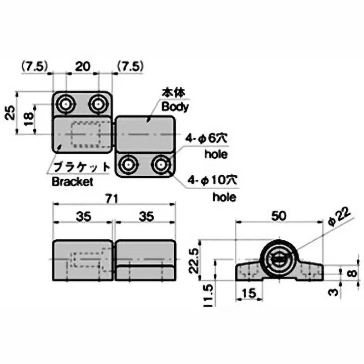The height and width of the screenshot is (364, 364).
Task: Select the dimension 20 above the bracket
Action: pyautogui.click(x=82, y=66)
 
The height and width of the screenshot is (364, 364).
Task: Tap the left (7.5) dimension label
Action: pyautogui.click(x=34, y=66)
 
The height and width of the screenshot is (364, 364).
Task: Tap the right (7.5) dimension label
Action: pyautogui.click(x=131, y=66)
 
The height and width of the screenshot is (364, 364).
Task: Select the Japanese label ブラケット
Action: pyautogui.click(x=81, y=167)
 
